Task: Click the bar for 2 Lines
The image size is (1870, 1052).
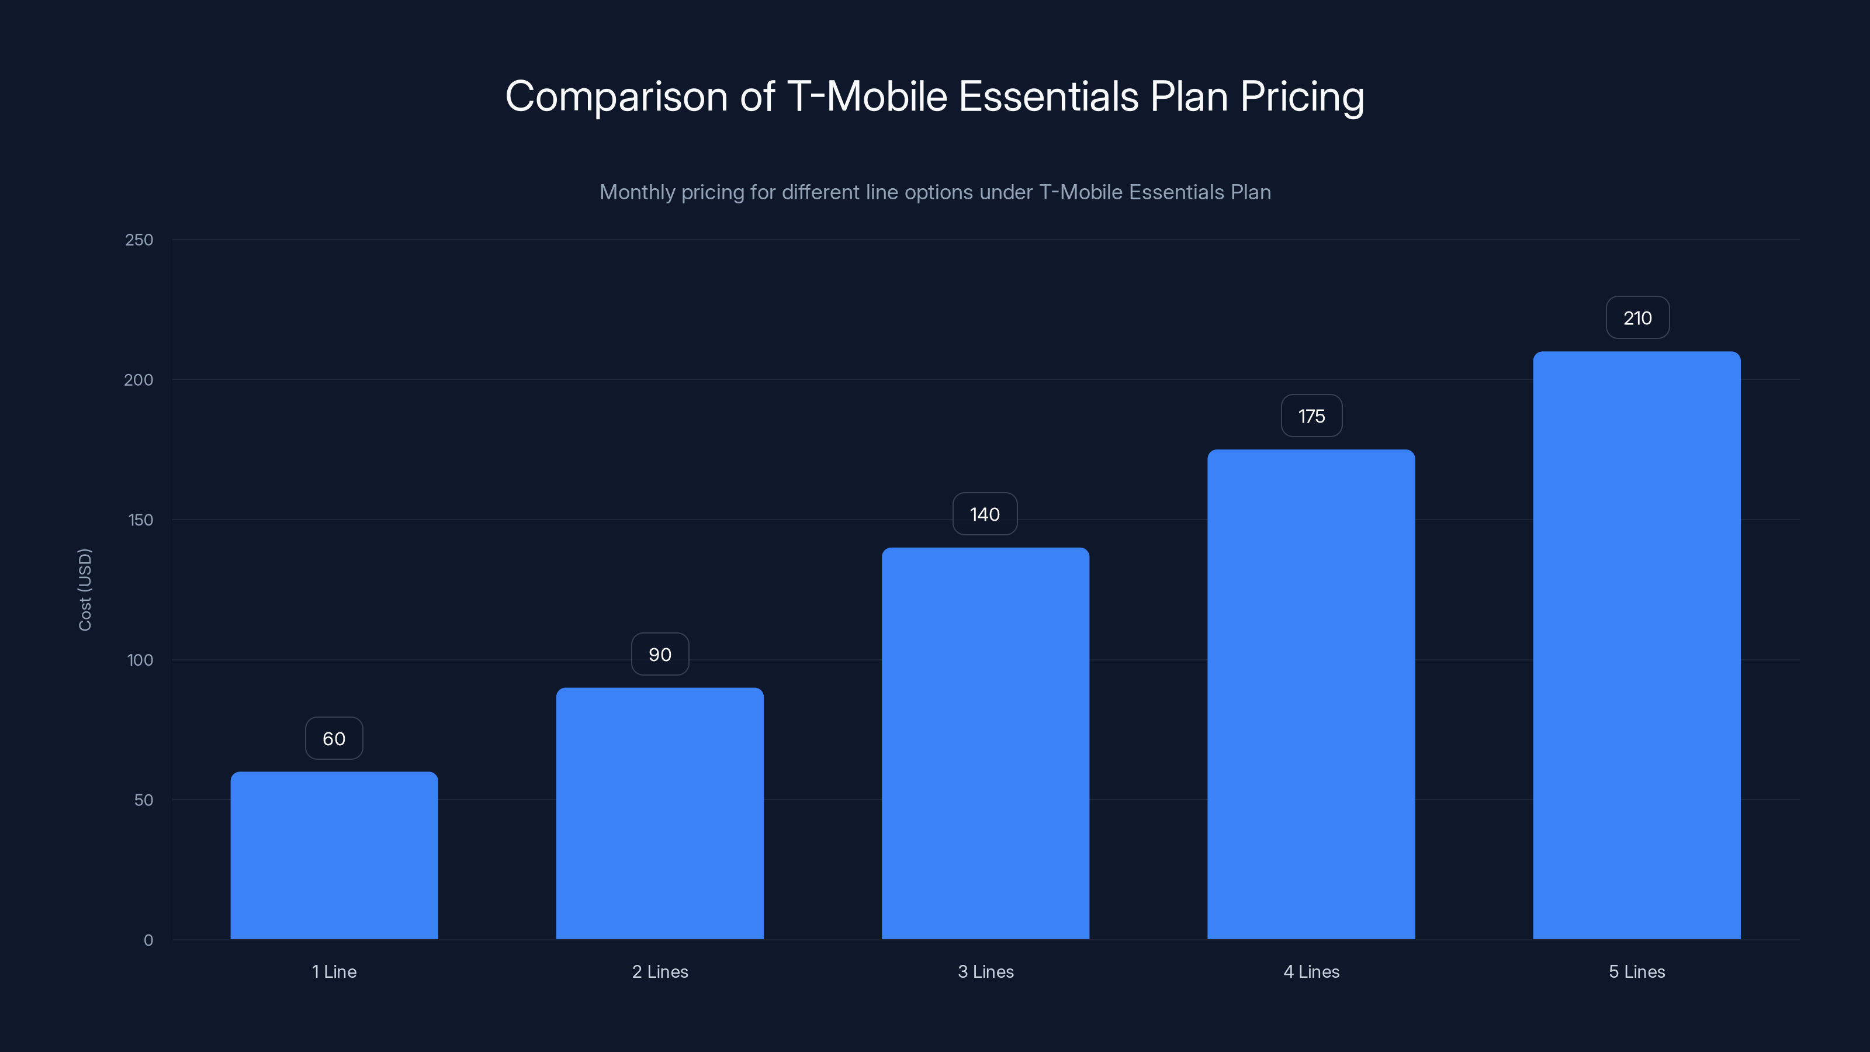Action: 660,813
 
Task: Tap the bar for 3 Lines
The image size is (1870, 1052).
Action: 985,743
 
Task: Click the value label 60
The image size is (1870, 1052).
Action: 334,738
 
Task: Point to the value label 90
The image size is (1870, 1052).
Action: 660,654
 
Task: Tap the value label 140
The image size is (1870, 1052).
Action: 985,514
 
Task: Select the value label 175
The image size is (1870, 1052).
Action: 1311,416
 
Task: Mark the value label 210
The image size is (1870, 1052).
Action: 1637,318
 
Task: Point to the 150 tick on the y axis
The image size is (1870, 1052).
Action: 140,520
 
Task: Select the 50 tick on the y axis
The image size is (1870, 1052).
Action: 143,800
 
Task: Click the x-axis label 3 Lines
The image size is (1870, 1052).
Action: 985,971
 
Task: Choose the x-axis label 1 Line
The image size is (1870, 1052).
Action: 334,971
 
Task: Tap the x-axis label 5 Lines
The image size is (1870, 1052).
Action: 1636,971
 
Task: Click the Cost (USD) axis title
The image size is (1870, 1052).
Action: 85,590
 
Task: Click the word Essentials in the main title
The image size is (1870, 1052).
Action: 1048,96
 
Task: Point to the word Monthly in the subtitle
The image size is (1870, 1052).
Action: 636,192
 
